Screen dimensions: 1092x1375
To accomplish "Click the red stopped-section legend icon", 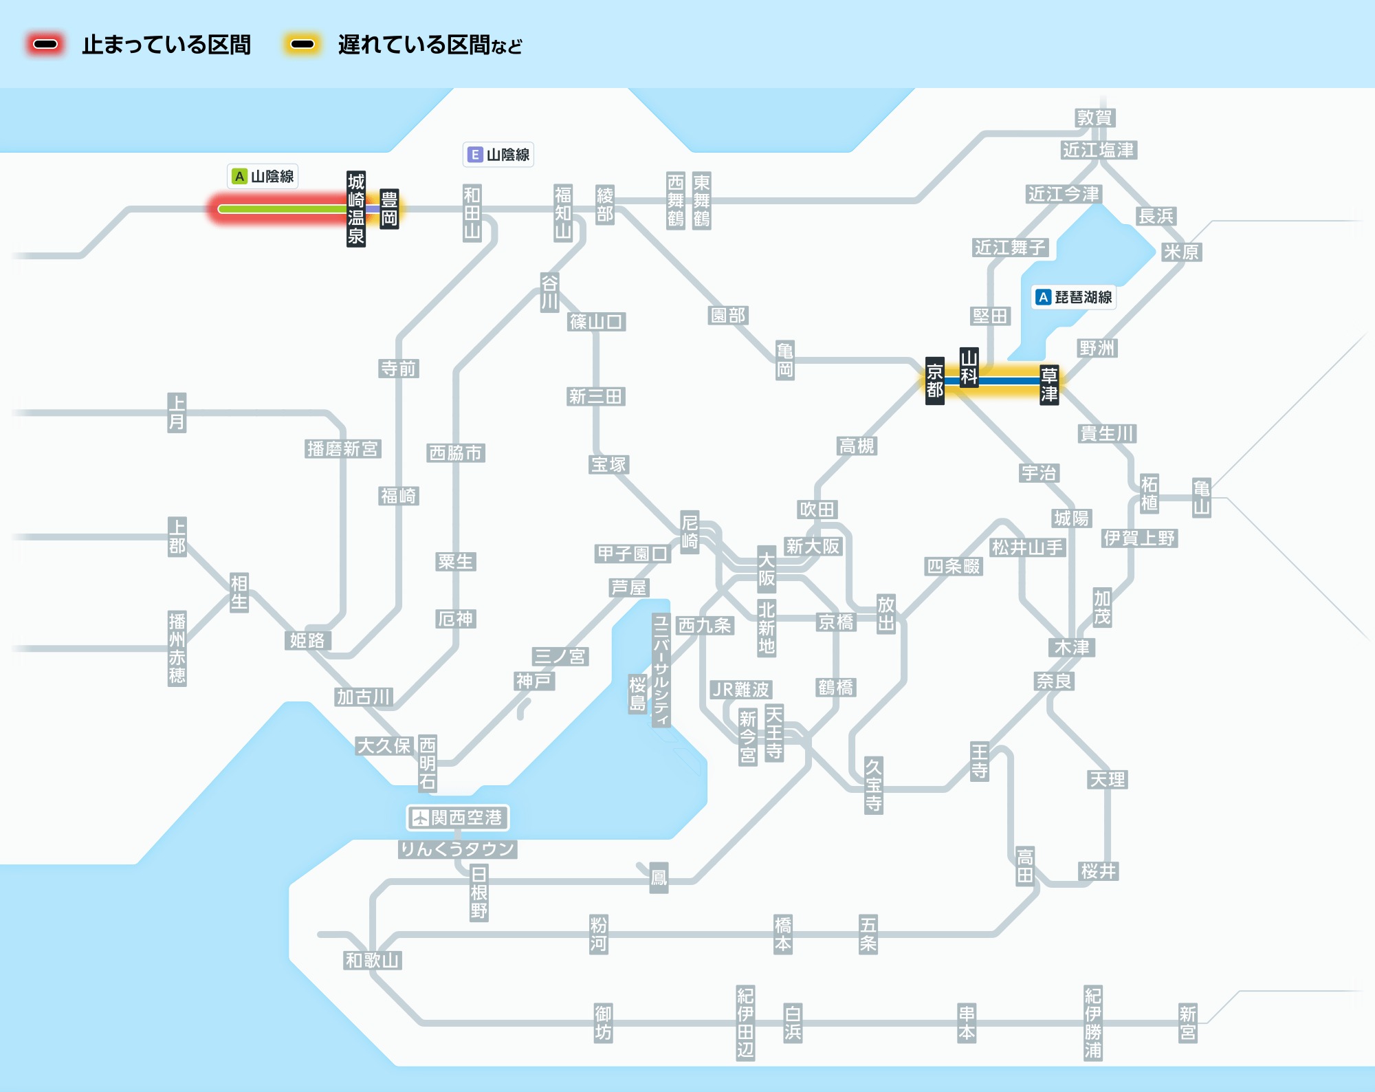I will pyautogui.click(x=45, y=45).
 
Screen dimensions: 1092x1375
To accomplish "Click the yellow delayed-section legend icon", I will pyautogui.click(x=302, y=45).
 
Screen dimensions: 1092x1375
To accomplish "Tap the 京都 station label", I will pyautogui.click(x=934, y=381).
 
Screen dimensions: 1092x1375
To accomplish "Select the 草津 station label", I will pyautogui.click(x=1049, y=384).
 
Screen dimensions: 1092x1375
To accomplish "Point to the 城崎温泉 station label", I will pyautogui.click(x=356, y=209).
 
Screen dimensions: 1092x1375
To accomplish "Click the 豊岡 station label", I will pyautogui.click(x=389, y=209).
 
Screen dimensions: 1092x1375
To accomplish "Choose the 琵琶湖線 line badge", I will pyautogui.click(x=1075, y=297).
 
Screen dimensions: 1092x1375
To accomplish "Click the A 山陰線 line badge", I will pyautogui.click(x=263, y=176).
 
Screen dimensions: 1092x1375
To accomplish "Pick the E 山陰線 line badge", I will pyautogui.click(x=498, y=155).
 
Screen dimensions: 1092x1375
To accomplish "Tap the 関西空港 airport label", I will pyautogui.click(x=458, y=818).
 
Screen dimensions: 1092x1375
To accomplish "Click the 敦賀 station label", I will pyautogui.click(x=1094, y=118).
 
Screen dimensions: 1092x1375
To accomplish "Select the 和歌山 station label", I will pyautogui.click(x=373, y=960).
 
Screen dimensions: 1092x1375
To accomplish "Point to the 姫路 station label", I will pyautogui.click(x=307, y=640).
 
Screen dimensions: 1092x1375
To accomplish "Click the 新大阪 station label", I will pyautogui.click(x=813, y=546).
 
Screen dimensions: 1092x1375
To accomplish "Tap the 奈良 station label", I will pyautogui.click(x=1054, y=681).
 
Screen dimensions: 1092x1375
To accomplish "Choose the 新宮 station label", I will pyautogui.click(x=1188, y=1023).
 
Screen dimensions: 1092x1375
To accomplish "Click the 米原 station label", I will pyautogui.click(x=1181, y=252).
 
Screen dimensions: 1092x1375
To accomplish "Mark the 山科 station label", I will pyautogui.click(x=969, y=367).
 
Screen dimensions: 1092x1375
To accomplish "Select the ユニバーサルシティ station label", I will pyautogui.click(x=661, y=670).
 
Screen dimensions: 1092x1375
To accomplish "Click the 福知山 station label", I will pyautogui.click(x=563, y=212).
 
